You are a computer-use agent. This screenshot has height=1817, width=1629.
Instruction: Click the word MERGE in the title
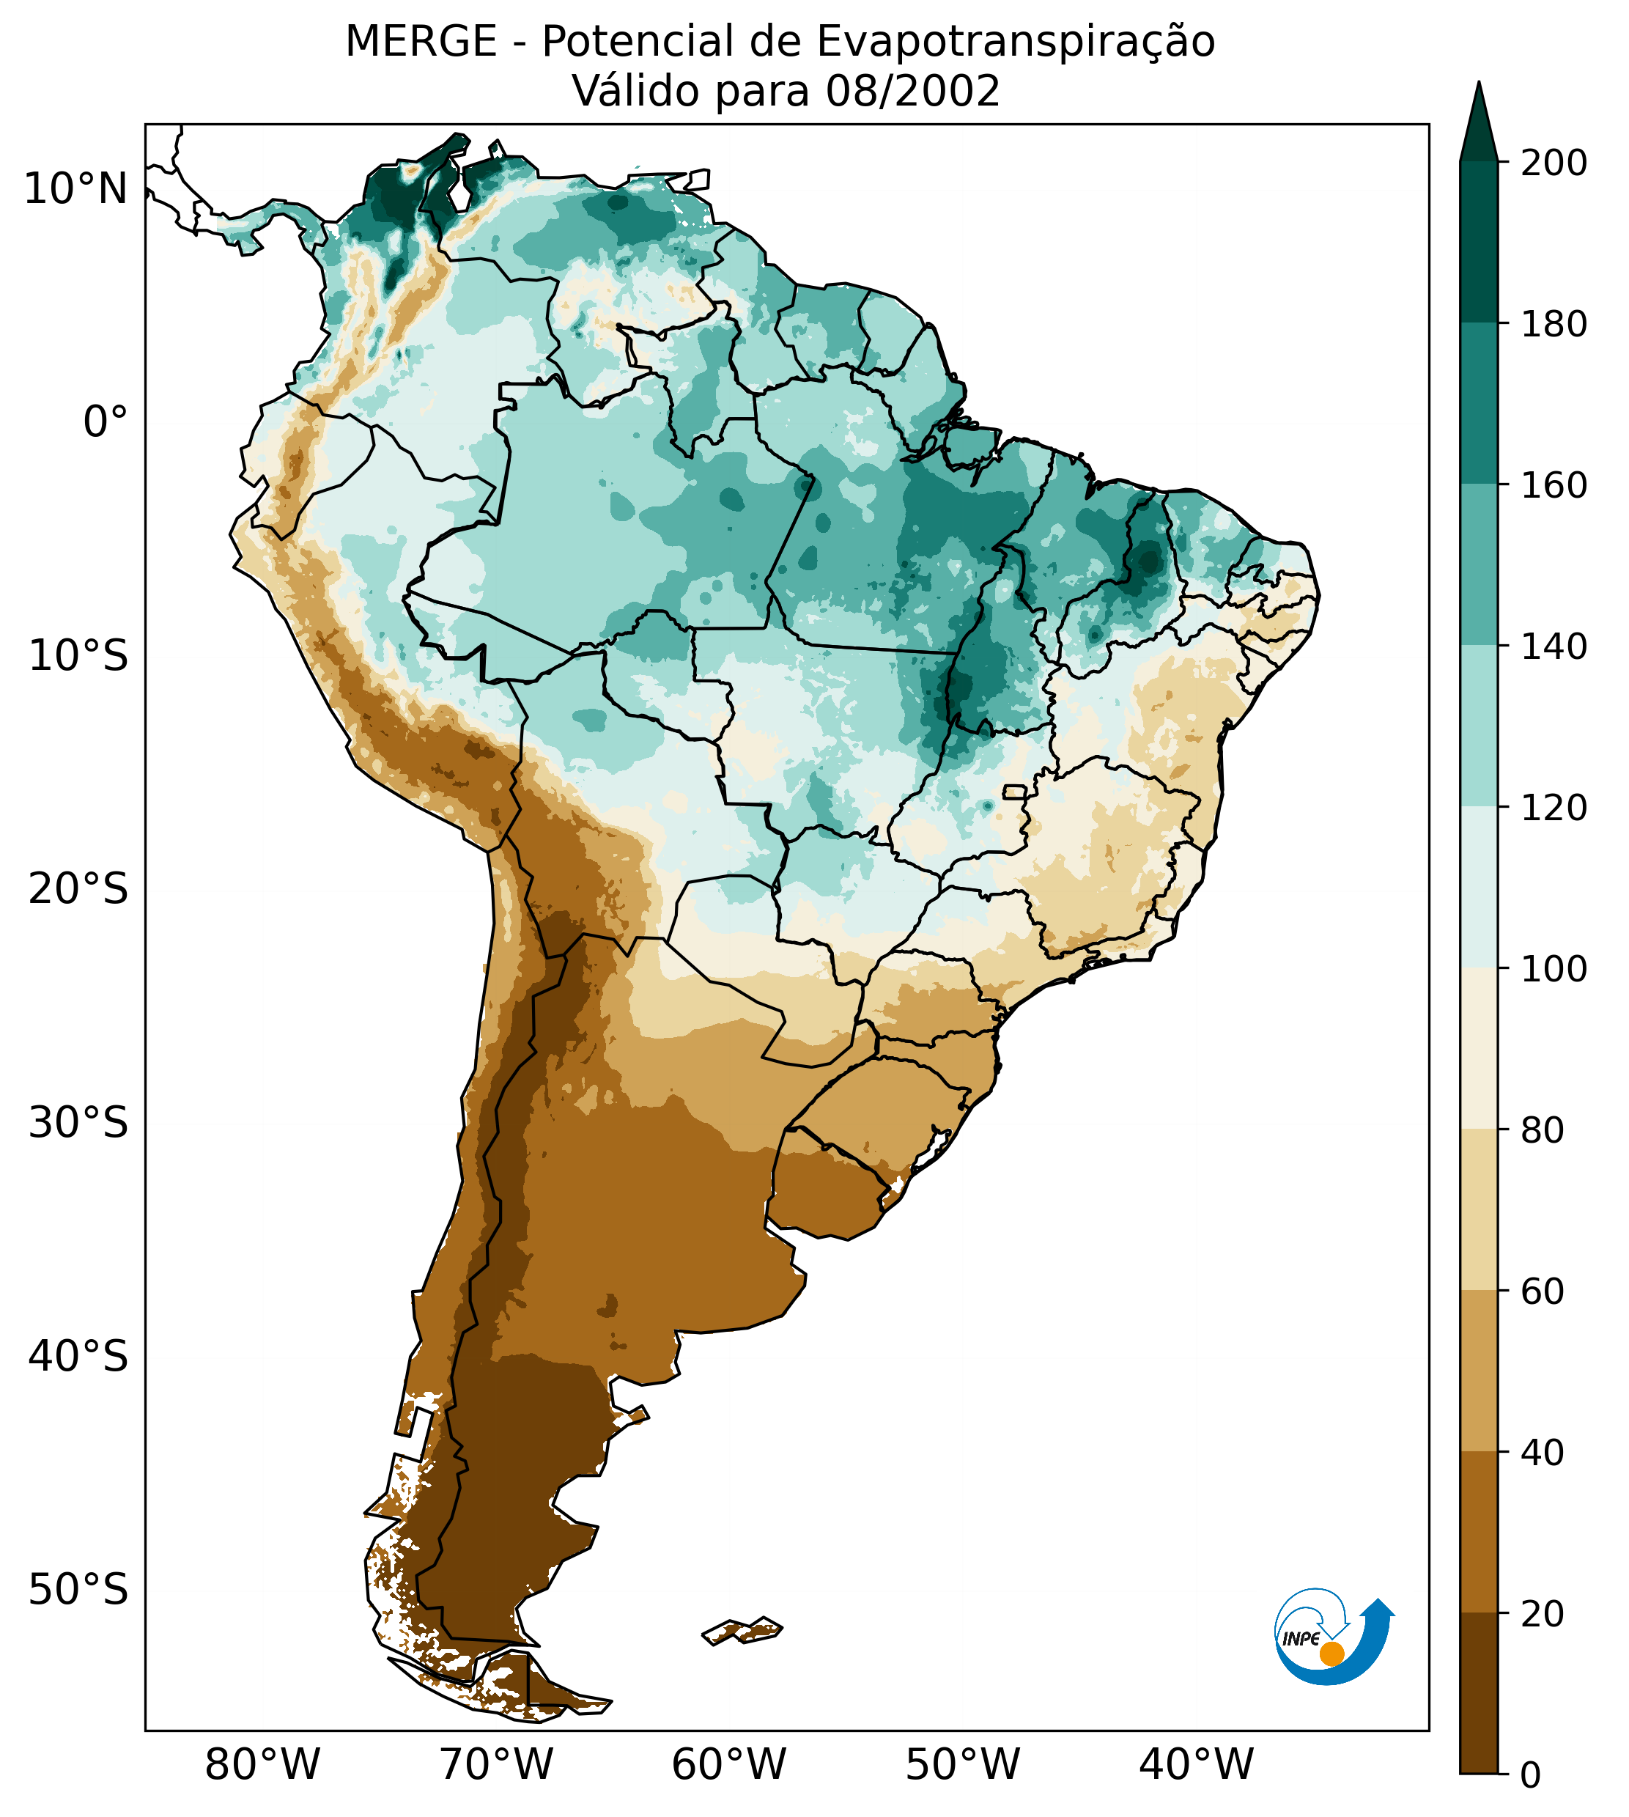pos(421,42)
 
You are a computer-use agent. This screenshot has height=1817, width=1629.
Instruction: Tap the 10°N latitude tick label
pos(76,190)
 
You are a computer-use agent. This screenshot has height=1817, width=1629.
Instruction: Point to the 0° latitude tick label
pos(106,422)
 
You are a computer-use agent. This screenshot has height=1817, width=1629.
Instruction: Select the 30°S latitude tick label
pos(78,1122)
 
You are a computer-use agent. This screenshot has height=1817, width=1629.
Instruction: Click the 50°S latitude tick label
pos(78,1590)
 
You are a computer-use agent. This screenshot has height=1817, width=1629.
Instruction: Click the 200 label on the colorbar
pos(1554,163)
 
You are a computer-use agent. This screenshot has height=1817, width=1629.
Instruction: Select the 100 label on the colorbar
pos(1554,968)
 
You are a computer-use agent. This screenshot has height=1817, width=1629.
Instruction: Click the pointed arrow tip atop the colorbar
pos(1479,89)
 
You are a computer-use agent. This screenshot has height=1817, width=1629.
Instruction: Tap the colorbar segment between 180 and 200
pos(1479,242)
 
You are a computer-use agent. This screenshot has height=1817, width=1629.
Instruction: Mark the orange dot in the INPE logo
pos(1331,1654)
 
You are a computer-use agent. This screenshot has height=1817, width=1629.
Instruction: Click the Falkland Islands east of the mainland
pos(743,1631)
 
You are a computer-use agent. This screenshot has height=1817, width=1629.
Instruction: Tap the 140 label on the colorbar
pos(1554,646)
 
